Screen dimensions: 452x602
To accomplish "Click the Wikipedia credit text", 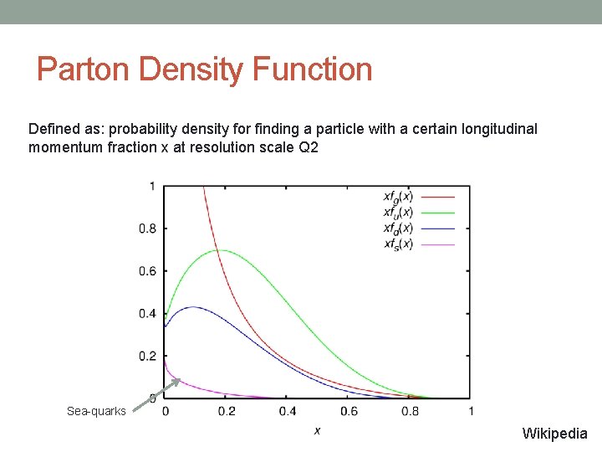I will pos(554,434).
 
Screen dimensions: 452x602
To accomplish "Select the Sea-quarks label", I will pos(96,411).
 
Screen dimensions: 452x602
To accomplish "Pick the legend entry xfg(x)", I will pos(398,197).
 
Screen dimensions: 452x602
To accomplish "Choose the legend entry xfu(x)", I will pos(398,213).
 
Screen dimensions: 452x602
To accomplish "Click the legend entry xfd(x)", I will pos(398,228).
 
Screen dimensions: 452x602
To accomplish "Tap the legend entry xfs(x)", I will pos(398,244).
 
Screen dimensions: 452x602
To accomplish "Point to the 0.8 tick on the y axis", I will pos(147,228).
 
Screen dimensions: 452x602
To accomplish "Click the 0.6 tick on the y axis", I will pos(147,271).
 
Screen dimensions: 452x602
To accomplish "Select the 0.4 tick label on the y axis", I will pos(147,314).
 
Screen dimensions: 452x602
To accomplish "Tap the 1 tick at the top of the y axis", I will pos(151,185).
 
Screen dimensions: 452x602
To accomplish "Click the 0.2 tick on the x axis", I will pos(227,411).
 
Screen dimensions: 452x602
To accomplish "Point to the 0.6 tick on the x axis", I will pos(349,411).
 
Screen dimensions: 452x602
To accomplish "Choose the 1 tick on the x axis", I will pos(471,411).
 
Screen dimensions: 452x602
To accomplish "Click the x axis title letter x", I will pos(317,430).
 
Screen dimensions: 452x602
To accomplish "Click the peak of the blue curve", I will pos(193,307).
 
